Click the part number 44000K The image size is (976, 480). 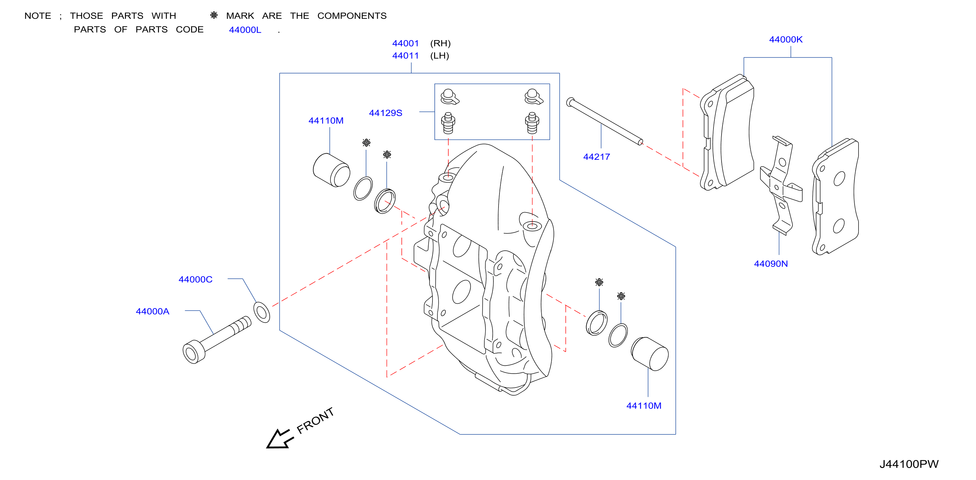(785, 39)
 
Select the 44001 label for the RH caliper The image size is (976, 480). (405, 44)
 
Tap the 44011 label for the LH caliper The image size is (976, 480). (405, 56)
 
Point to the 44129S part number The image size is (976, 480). (385, 113)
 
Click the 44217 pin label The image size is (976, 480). (596, 157)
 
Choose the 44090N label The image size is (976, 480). (771, 264)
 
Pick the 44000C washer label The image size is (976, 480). (196, 279)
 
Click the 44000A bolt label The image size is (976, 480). (152, 311)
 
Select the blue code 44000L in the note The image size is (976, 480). (245, 30)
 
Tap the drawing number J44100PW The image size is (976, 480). (909, 464)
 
